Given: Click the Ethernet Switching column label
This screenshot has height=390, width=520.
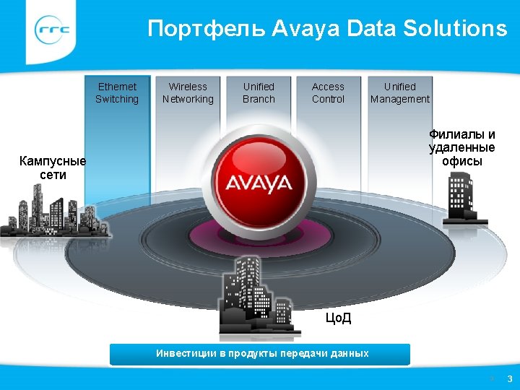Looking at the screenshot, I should pyautogui.click(x=117, y=93).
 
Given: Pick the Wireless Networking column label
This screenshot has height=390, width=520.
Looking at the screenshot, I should pyautogui.click(x=188, y=93).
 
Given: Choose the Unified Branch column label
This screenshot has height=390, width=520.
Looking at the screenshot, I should pyautogui.click(x=259, y=93).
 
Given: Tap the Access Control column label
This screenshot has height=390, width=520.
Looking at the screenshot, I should pyautogui.click(x=328, y=93).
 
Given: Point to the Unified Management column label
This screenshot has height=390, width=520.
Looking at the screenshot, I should pyautogui.click(x=399, y=93).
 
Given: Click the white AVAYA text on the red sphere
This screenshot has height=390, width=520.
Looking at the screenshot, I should pyautogui.click(x=259, y=183).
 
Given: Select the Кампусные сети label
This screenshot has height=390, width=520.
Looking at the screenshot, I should pyautogui.click(x=53, y=168).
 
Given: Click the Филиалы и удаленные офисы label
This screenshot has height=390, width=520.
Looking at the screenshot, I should pyautogui.click(x=462, y=147).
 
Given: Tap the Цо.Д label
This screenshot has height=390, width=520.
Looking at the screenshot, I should pyautogui.click(x=339, y=318).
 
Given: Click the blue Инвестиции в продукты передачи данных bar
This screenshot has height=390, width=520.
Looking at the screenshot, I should pyautogui.click(x=260, y=354).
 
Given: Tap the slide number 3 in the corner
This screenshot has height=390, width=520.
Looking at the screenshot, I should pyautogui.click(x=509, y=378).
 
